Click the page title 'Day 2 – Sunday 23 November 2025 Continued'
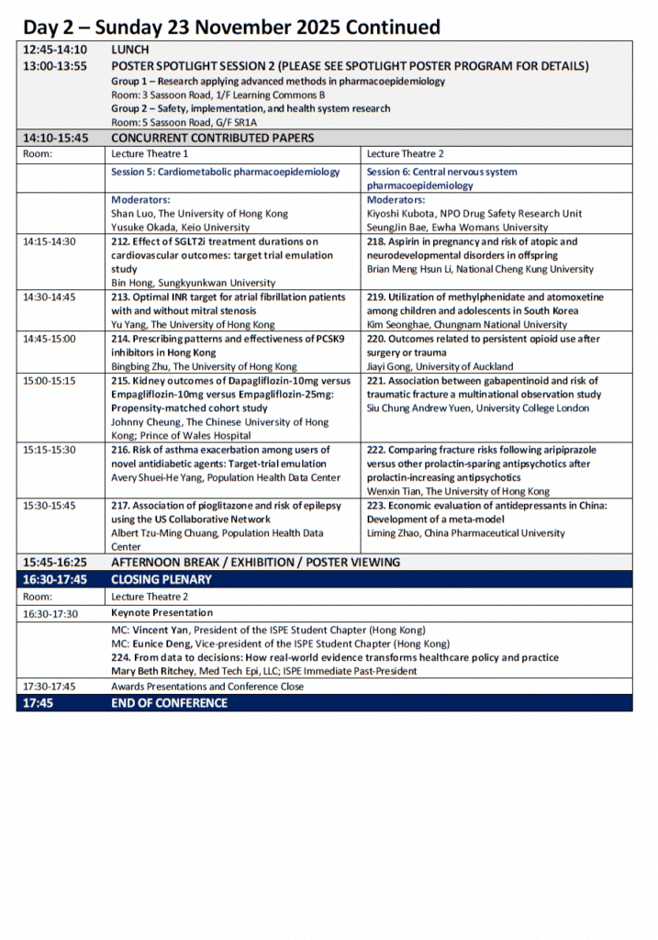[x=231, y=28]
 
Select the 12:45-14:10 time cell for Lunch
[x=55, y=50]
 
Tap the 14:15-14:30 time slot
[x=50, y=242]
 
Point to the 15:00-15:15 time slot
[x=50, y=381]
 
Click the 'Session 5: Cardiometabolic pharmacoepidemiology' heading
[x=225, y=172]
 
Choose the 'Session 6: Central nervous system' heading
[x=441, y=172]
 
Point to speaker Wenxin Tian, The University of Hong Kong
[x=458, y=492]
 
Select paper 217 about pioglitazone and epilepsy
[x=226, y=506]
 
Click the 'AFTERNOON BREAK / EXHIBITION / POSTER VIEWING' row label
[x=256, y=562]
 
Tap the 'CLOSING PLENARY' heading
[x=162, y=579]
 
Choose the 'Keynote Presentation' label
[x=162, y=613]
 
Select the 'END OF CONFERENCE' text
[x=169, y=703]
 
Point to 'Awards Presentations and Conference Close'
[x=207, y=687]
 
